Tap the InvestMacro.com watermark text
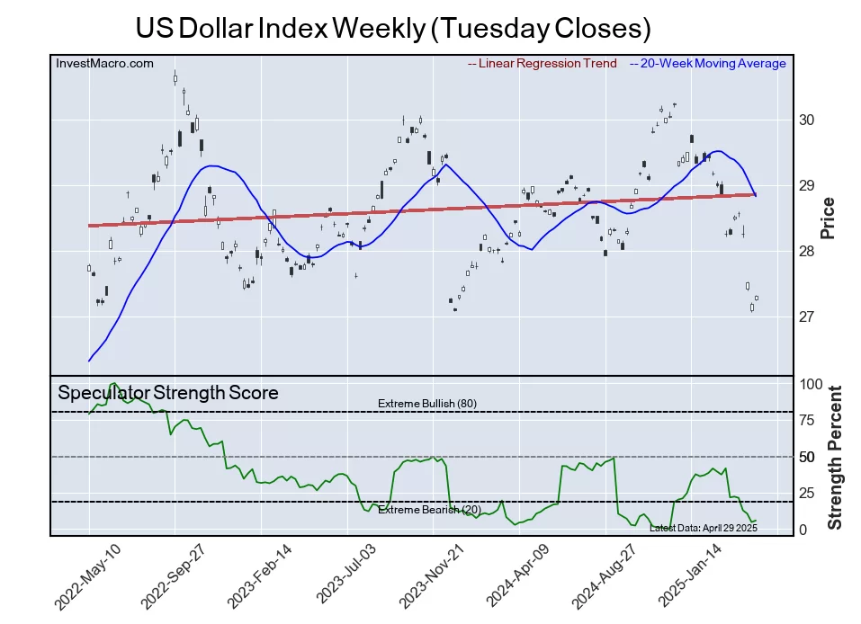point(104,63)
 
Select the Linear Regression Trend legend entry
point(543,63)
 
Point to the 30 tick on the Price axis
point(806,120)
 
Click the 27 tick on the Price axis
point(806,317)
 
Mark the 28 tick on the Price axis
point(806,252)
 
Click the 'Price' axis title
point(829,218)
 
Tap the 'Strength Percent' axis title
point(834,457)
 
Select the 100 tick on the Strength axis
point(812,384)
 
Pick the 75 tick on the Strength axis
point(808,420)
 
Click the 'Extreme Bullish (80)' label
point(427,404)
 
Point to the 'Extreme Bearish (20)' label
point(429,511)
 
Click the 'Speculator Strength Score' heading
point(168,393)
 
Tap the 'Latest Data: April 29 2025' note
point(703,528)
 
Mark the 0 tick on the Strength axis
point(803,530)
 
